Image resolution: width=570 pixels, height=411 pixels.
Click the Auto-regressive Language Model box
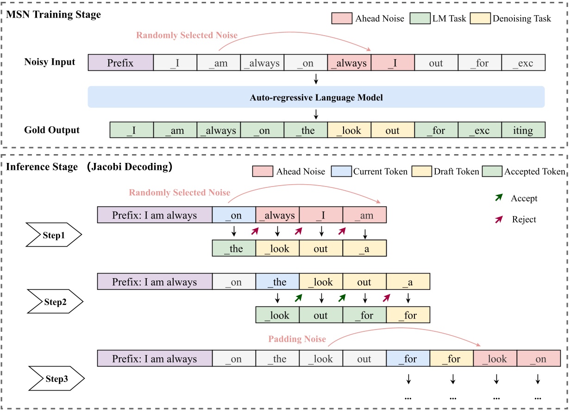tap(316, 98)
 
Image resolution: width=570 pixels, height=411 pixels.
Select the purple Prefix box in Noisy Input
tap(120, 62)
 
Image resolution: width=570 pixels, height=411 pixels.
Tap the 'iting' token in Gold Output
tap(523, 131)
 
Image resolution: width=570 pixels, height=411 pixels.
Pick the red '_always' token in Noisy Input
tap(349, 62)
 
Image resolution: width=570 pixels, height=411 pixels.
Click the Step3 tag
tap(56, 379)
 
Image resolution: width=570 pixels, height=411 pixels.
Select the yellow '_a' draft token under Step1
tap(364, 249)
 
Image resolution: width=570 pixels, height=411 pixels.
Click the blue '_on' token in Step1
tap(234, 215)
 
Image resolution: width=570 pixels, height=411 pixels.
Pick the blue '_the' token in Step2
tap(277, 281)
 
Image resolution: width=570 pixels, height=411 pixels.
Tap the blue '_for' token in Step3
tap(408, 358)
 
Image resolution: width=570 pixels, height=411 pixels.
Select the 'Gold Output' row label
tap(52, 130)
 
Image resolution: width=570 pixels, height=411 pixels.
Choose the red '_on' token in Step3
tap(538, 358)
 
